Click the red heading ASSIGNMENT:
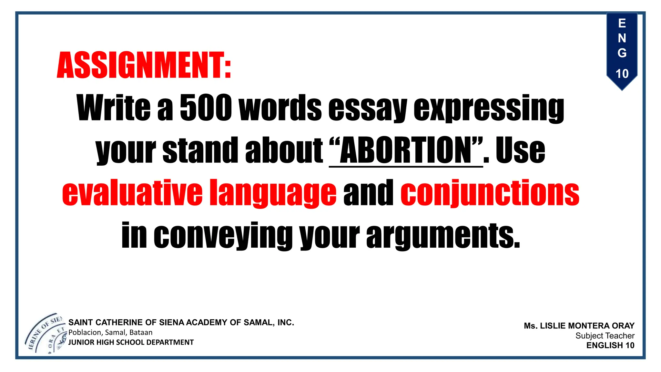[x=144, y=65]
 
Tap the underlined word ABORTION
[x=406, y=150]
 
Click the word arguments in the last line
[x=443, y=235]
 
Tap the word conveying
[x=223, y=235]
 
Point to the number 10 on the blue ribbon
[x=622, y=74]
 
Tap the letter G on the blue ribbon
[x=622, y=53]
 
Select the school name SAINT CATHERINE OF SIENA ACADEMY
[x=181, y=322]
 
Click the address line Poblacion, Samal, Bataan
[x=110, y=332]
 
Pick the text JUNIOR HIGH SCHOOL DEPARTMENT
[x=131, y=342]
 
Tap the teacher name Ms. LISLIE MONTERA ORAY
[x=579, y=325]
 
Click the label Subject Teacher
[x=605, y=336]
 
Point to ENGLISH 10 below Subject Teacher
[x=610, y=345]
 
